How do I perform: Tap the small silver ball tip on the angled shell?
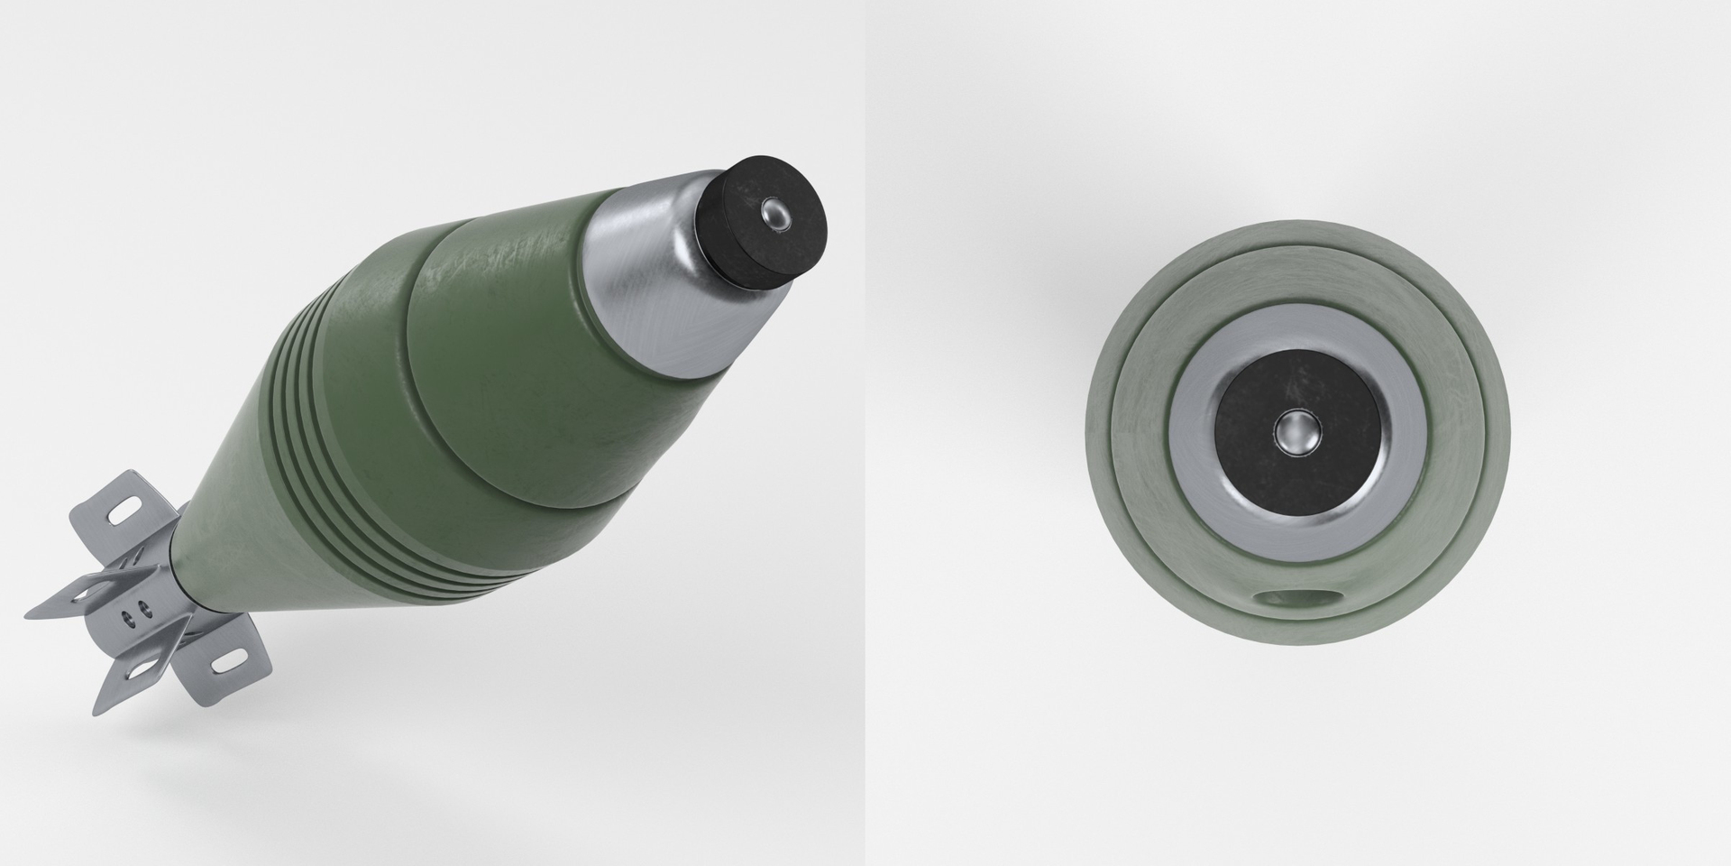pos(774,215)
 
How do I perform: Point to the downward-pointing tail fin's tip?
pos(96,713)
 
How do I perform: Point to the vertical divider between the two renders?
pos(865,433)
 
